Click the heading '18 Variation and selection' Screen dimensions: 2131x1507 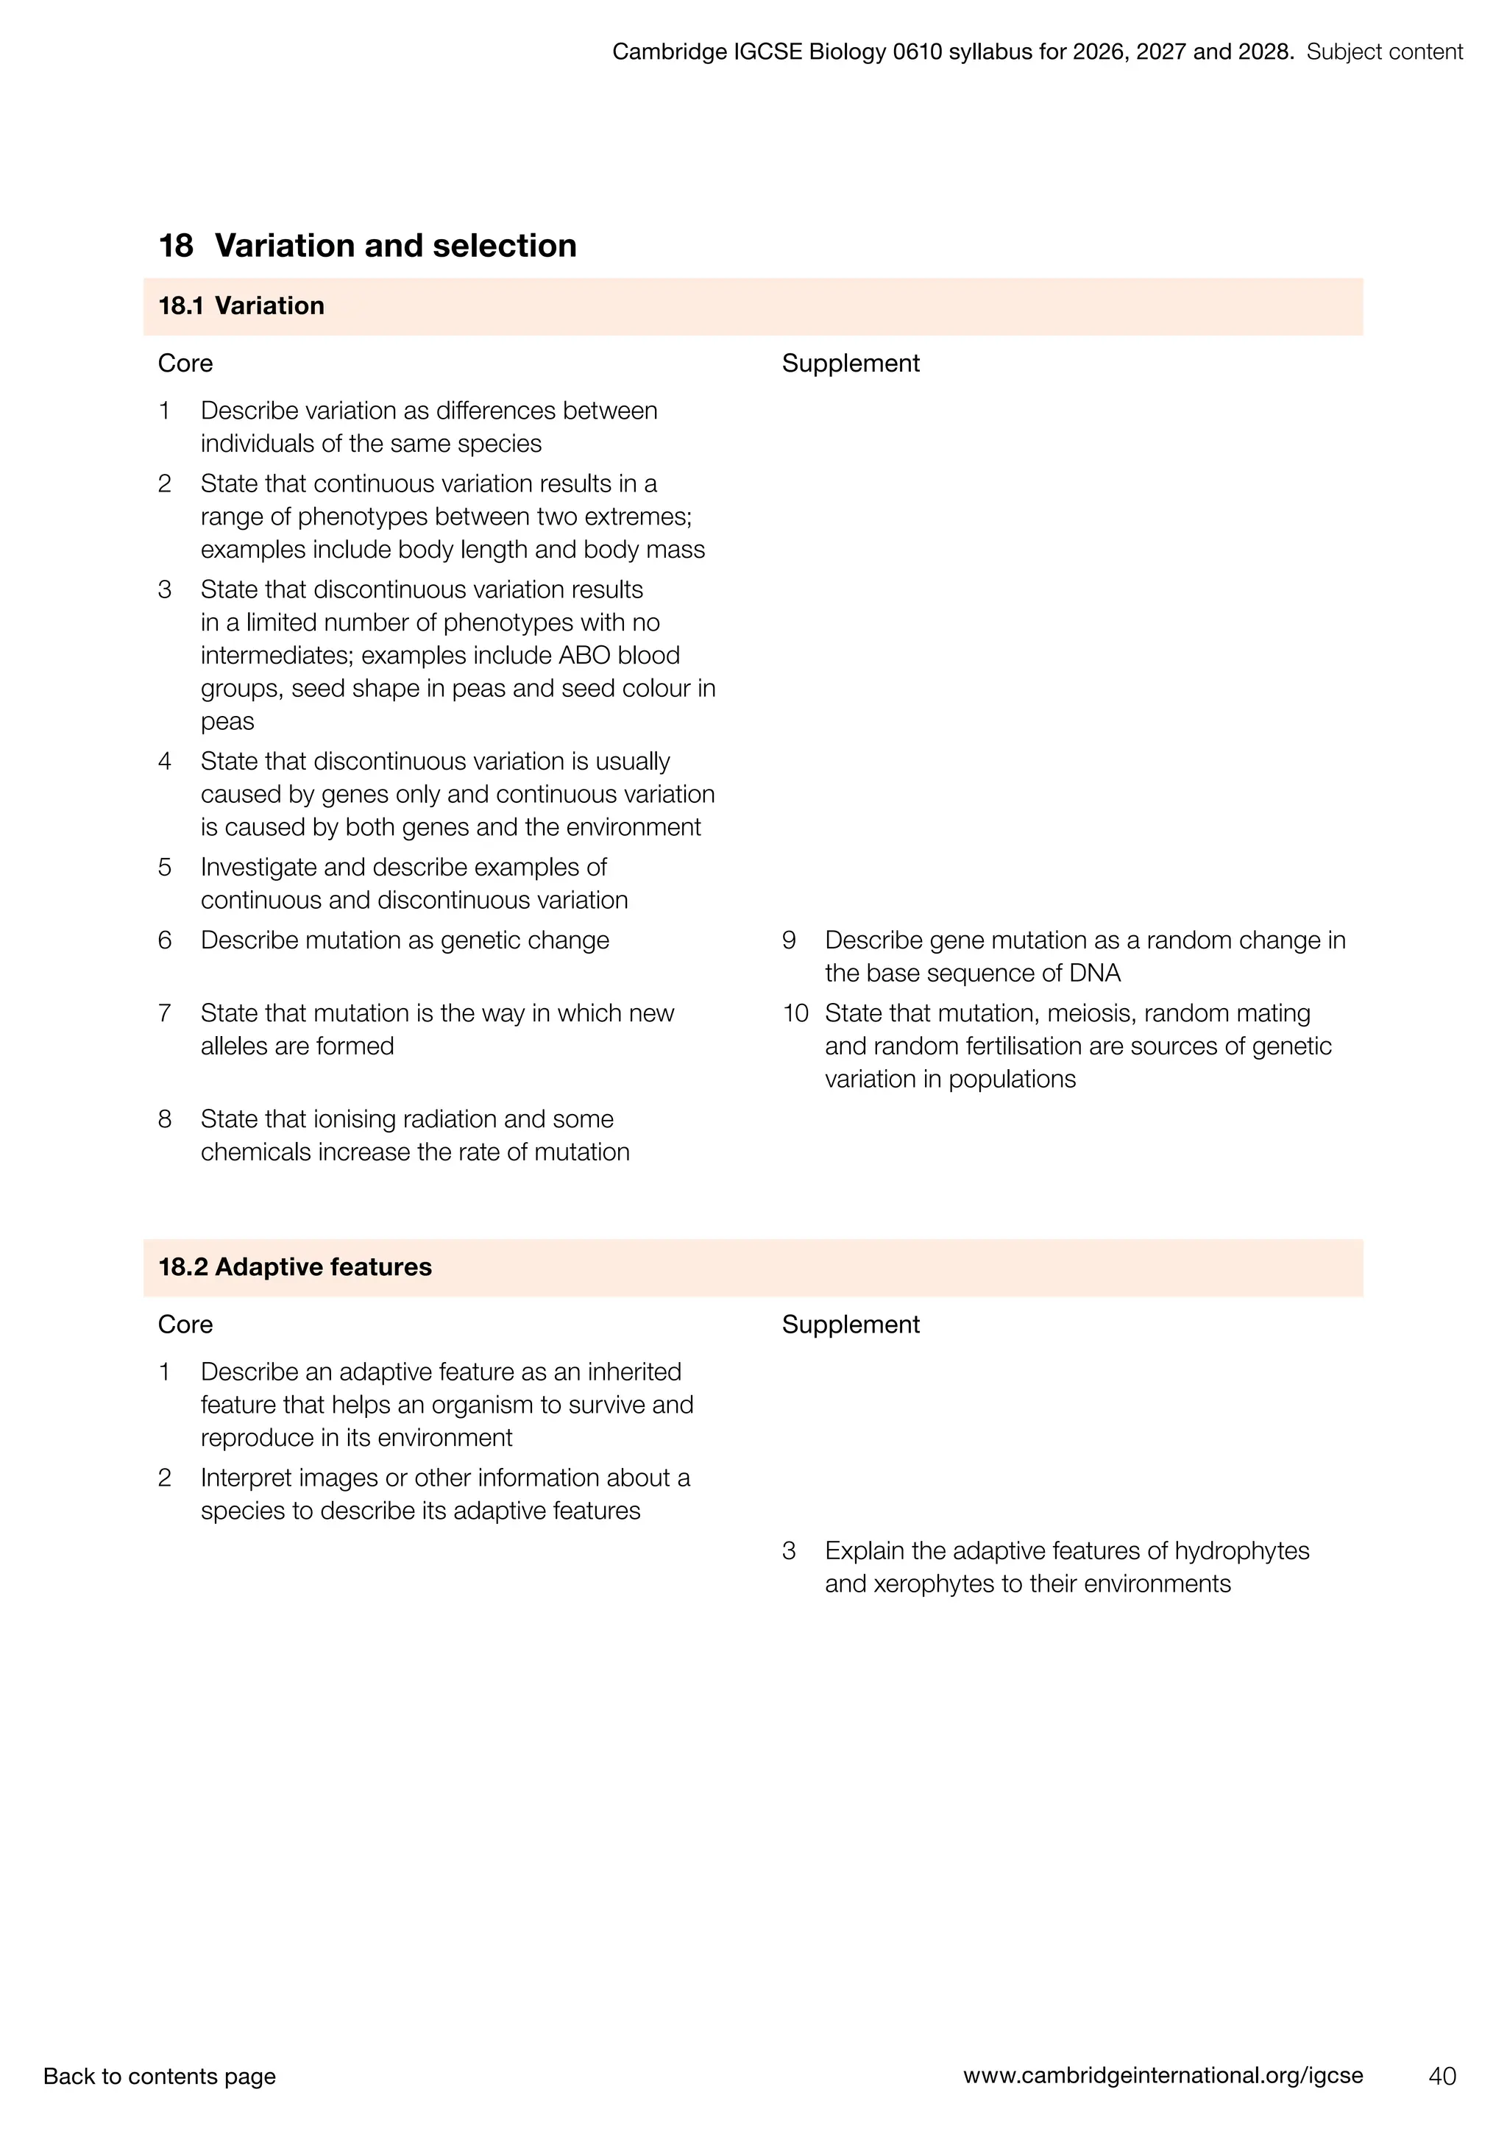[367, 246]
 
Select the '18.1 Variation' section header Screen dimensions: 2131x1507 [241, 306]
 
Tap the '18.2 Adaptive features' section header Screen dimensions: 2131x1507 [295, 1267]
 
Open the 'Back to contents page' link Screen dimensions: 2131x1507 [160, 2077]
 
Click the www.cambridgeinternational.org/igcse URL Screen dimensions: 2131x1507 [1163, 2077]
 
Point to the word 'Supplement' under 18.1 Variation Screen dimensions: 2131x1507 [850, 363]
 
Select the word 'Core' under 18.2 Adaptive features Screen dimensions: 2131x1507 [185, 1325]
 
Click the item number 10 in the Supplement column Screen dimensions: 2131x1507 [795, 1013]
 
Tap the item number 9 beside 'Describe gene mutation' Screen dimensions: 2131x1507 [789, 940]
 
